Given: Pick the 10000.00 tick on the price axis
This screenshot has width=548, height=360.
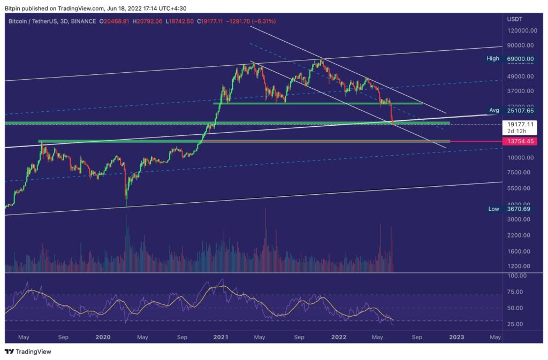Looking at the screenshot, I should pos(519,157).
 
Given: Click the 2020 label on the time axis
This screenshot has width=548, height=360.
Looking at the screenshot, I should pos(103,338).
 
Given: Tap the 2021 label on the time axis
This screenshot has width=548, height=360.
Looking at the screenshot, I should pos(220,338).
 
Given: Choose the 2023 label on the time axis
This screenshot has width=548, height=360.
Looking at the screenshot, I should pos(456,338).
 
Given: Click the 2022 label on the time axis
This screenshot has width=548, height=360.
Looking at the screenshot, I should pos(338,338).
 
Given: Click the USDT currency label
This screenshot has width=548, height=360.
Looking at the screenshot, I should pos(515,19).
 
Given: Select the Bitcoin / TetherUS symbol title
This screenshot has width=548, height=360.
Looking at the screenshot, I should pos(36,21).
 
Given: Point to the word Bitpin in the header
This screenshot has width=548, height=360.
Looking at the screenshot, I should pos(12,7).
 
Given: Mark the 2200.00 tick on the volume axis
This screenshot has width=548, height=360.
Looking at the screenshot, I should pos(517,235).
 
